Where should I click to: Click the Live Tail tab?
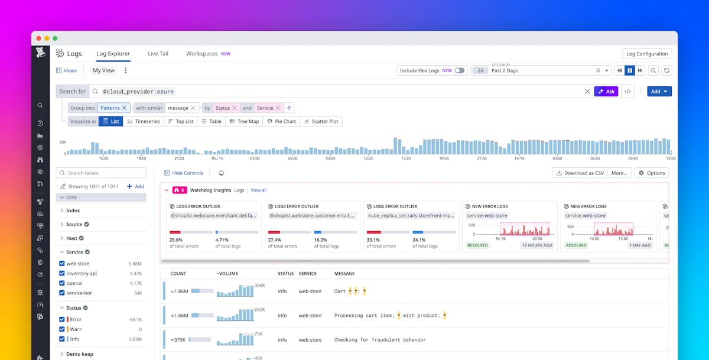click(x=158, y=54)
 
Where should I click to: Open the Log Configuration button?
click(x=647, y=54)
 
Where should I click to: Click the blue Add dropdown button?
click(x=659, y=92)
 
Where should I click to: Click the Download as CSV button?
click(x=579, y=173)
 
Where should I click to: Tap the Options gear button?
click(x=651, y=173)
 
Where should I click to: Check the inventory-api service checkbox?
click(x=62, y=274)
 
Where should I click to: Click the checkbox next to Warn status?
click(x=62, y=329)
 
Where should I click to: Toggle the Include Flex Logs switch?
click(x=459, y=70)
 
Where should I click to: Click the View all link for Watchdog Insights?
click(x=258, y=190)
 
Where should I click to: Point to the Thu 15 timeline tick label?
click(x=217, y=158)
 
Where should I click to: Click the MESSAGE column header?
click(x=344, y=274)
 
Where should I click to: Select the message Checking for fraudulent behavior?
click(x=379, y=340)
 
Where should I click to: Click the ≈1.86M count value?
click(x=180, y=291)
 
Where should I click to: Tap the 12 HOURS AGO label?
click(x=536, y=245)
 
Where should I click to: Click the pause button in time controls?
click(x=630, y=70)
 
